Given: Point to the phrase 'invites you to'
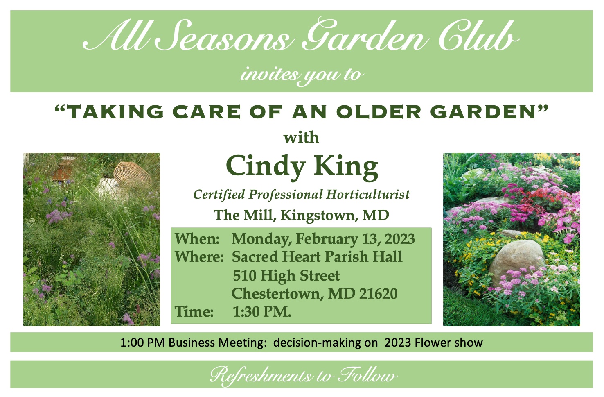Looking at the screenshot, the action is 302,75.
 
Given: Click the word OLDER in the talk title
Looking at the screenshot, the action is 379,112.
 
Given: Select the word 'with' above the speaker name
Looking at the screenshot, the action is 301,138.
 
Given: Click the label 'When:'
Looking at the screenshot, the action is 197,239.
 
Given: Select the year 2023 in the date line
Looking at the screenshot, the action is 400,239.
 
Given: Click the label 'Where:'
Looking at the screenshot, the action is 199,256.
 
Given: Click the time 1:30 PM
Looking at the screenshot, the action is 262,312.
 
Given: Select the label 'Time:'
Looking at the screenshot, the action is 194,312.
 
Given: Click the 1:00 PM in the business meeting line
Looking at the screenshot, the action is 142,343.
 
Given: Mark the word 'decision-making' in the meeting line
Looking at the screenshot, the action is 325,343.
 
